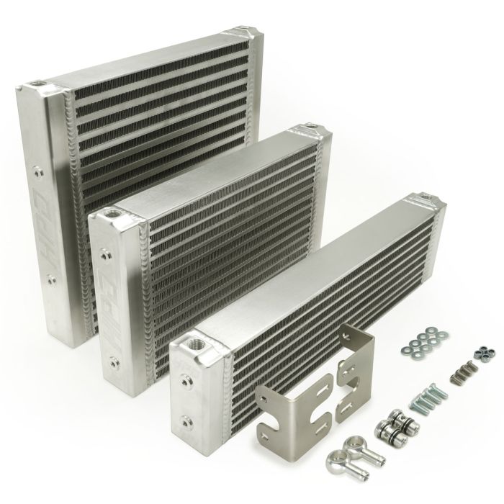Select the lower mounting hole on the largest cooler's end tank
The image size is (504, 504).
pyautogui.click(x=50, y=275)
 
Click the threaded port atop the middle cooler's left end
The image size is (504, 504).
pyautogui.click(x=113, y=215)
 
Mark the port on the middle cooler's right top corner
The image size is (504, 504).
pyautogui.click(x=310, y=130)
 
